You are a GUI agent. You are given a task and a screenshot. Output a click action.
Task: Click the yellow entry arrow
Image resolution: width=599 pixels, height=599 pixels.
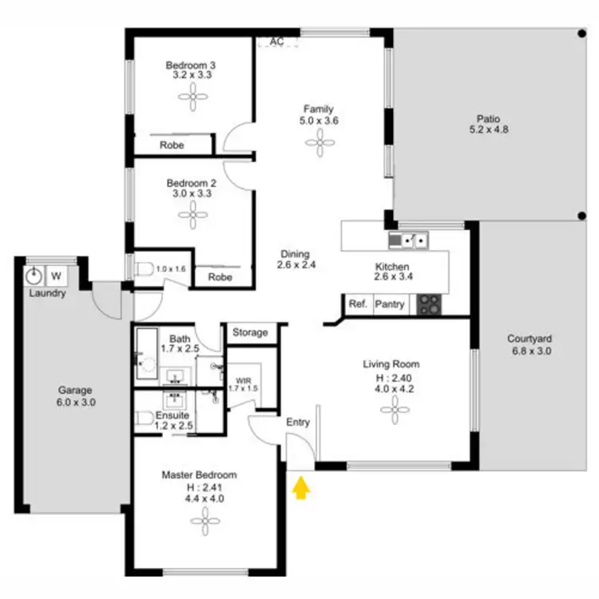pos(300,487)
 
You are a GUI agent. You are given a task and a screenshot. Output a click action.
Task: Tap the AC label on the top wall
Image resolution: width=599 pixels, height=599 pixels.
pos(277,42)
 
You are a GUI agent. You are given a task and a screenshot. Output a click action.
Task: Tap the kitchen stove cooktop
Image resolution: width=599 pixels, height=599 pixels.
pos(430,304)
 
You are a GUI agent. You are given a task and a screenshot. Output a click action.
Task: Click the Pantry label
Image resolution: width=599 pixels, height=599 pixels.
pos(390,304)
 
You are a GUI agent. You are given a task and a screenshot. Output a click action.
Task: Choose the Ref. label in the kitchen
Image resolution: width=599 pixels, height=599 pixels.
pos(357,304)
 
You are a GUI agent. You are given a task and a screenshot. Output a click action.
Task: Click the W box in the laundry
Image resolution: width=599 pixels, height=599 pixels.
pos(57,276)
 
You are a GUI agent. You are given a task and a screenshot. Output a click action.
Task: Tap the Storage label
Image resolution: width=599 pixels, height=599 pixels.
pos(250,332)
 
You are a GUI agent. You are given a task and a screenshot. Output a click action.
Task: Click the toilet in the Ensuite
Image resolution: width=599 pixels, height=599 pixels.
pos(145,418)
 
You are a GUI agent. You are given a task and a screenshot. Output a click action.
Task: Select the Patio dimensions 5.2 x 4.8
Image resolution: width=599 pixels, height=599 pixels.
pos(489,130)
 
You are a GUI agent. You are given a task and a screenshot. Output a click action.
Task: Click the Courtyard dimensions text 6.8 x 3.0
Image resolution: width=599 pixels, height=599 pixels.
pos(530,350)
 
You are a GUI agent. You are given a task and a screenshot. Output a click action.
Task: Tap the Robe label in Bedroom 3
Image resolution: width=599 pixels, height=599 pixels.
pos(172,145)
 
